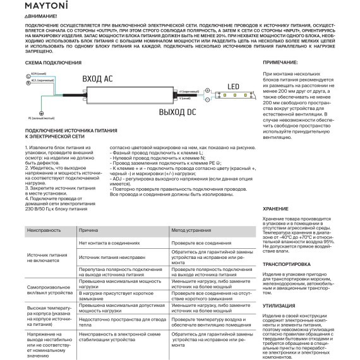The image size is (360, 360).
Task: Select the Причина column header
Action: point(88,231)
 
